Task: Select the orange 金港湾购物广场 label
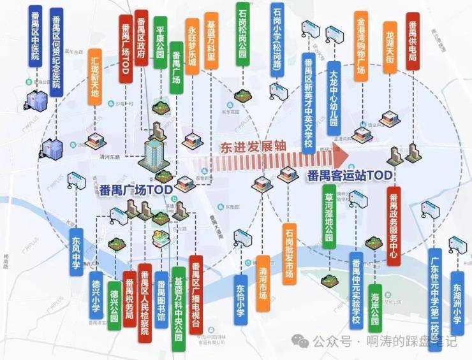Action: (361, 45)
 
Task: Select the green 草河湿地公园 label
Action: (328, 220)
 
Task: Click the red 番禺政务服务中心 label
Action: (393, 226)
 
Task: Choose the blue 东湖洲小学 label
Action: (457, 294)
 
